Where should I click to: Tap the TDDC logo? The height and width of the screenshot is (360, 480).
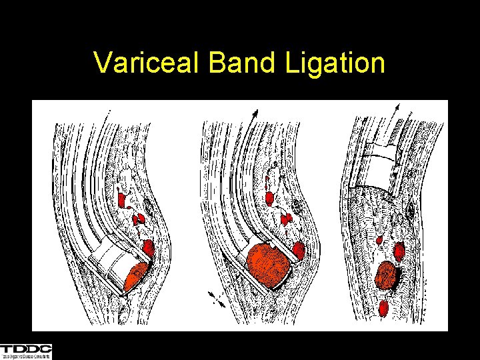point(26,351)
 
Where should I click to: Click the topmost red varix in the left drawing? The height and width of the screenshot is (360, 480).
point(123,199)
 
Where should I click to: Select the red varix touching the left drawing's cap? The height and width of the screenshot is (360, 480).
point(148,249)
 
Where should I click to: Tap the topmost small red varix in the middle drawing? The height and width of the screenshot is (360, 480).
point(269,198)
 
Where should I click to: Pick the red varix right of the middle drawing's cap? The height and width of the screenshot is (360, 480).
point(299,250)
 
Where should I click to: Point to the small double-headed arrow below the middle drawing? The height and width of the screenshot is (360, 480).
point(216,297)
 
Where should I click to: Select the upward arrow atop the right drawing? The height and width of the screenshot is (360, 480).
point(397,109)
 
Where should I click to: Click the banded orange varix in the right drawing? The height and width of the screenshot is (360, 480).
point(386,275)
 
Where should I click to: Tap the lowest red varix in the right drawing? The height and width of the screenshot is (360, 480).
point(384,308)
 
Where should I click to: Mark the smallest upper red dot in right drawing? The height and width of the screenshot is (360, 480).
point(379,240)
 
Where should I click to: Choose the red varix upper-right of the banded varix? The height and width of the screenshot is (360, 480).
point(399,251)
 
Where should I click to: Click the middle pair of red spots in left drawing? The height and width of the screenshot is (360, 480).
point(138,219)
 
